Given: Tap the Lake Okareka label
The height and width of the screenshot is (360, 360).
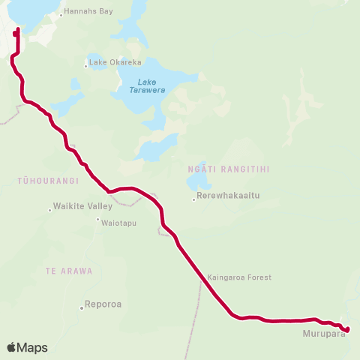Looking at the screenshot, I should [111, 62].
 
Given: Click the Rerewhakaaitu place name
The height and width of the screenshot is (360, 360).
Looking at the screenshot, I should [228, 196].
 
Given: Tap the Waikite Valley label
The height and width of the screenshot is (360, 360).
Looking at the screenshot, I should [84, 206].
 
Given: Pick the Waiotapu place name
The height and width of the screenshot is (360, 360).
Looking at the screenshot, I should [121, 223].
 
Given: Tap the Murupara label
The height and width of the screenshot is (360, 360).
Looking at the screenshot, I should [323, 334].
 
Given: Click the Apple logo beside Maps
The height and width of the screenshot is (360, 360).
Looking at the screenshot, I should [11, 347].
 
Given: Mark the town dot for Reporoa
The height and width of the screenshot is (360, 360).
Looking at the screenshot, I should [82, 307].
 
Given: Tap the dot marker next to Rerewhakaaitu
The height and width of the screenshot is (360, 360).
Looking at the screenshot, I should [193, 199].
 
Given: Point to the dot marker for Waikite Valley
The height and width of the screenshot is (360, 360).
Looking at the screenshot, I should [51, 207].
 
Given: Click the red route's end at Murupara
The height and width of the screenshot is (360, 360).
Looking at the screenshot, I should [347, 328].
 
